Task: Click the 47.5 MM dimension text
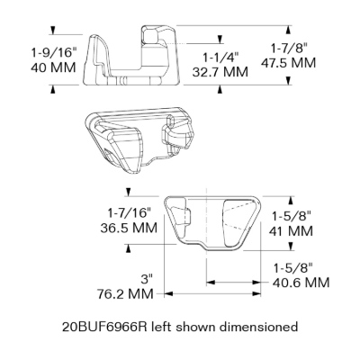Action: tap(288, 63)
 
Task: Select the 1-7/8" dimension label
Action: tap(289, 49)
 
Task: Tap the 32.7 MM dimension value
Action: tap(220, 72)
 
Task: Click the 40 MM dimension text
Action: tap(53, 67)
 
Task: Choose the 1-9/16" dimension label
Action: tap(54, 53)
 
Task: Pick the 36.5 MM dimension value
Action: tap(129, 228)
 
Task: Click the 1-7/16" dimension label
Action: tap(129, 213)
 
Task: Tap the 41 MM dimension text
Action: tap(291, 231)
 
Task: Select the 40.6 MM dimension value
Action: tap(301, 283)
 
